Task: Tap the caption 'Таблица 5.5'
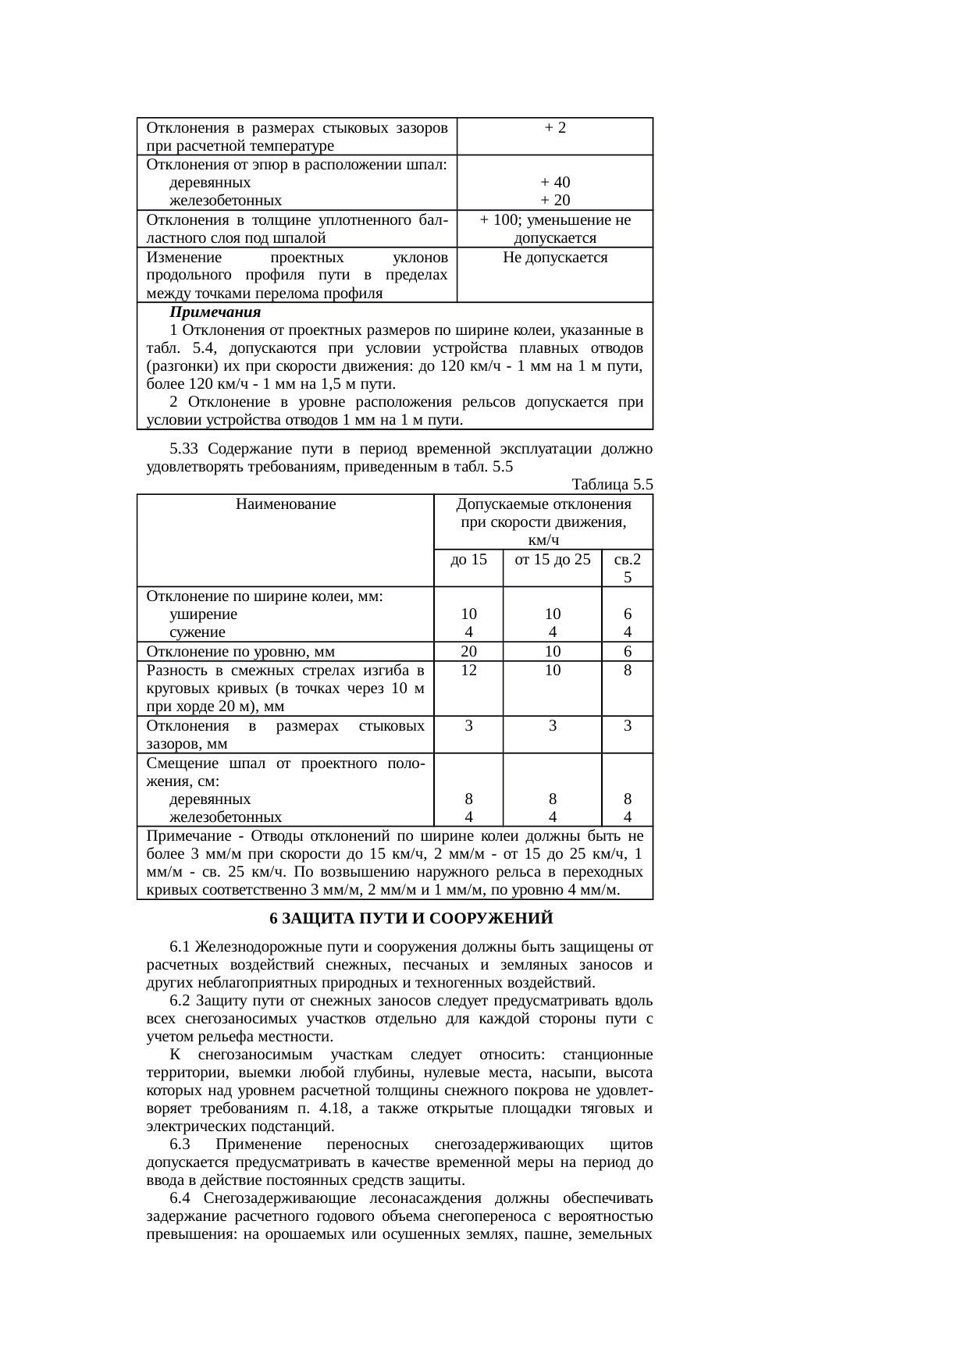pyautogui.click(x=612, y=485)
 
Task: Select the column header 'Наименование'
pyautogui.click(x=285, y=504)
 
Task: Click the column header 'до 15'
pyautogui.click(x=468, y=560)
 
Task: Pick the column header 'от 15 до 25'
pyautogui.click(x=553, y=560)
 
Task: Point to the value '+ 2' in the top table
pyautogui.click(x=555, y=127)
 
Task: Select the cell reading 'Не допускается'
pyautogui.click(x=555, y=258)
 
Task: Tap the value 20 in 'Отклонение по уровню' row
pyautogui.click(x=468, y=652)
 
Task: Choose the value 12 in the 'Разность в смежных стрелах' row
pyautogui.click(x=468, y=671)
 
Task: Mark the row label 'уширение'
pyautogui.click(x=203, y=614)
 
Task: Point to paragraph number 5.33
pyautogui.click(x=184, y=450)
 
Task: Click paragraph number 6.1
pyautogui.click(x=180, y=948)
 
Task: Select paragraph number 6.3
pyautogui.click(x=180, y=1145)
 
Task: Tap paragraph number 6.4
pyautogui.click(x=180, y=1199)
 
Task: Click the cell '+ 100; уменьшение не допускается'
pyautogui.click(x=555, y=230)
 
